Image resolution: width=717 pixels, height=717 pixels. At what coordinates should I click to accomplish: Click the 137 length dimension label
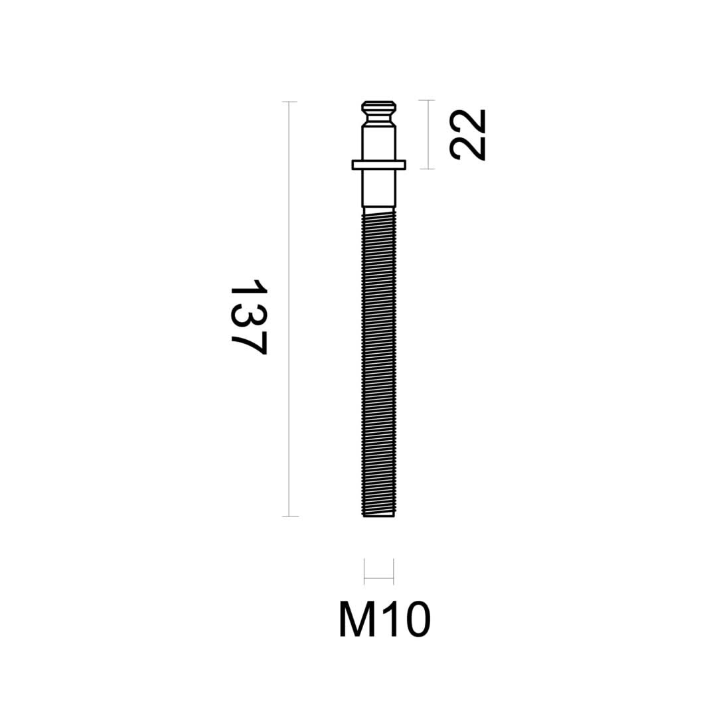(249, 317)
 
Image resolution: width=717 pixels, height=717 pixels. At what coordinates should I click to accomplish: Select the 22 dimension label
(467, 135)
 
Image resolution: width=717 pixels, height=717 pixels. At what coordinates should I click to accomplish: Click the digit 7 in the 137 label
(250, 344)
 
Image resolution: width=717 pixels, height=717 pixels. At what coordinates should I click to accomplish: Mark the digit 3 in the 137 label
(249, 315)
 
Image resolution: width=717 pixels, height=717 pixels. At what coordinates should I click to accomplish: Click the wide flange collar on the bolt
(378, 165)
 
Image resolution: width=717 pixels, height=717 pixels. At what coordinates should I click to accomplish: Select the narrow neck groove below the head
(378, 118)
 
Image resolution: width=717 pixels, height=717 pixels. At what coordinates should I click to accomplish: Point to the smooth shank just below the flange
(378, 188)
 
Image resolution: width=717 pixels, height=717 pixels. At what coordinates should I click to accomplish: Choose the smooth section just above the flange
(378, 142)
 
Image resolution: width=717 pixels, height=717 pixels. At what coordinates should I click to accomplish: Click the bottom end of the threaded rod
(378, 515)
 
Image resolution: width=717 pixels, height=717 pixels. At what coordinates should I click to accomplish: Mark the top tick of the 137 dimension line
(289, 102)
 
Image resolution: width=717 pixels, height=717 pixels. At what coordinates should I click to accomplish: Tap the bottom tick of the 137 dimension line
(289, 516)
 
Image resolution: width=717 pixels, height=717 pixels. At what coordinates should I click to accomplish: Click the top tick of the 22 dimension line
(428, 100)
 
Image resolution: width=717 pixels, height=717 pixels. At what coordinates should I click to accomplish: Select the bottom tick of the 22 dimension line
(428, 169)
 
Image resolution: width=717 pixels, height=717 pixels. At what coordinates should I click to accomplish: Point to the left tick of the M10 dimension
(364, 571)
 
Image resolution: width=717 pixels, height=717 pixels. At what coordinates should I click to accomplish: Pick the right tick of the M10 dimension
(394, 571)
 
